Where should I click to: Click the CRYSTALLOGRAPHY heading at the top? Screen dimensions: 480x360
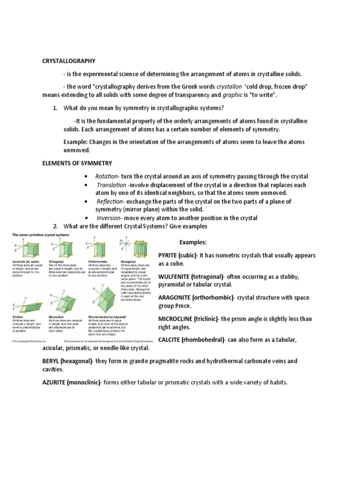[69, 61]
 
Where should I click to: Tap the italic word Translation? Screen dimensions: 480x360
[111, 185]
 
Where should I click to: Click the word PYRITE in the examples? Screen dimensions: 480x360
[169, 255]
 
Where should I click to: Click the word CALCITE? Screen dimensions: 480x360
[170, 339]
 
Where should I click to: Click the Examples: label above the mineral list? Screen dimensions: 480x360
[193, 242]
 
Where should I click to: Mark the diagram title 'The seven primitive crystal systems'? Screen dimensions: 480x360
[37, 234]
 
